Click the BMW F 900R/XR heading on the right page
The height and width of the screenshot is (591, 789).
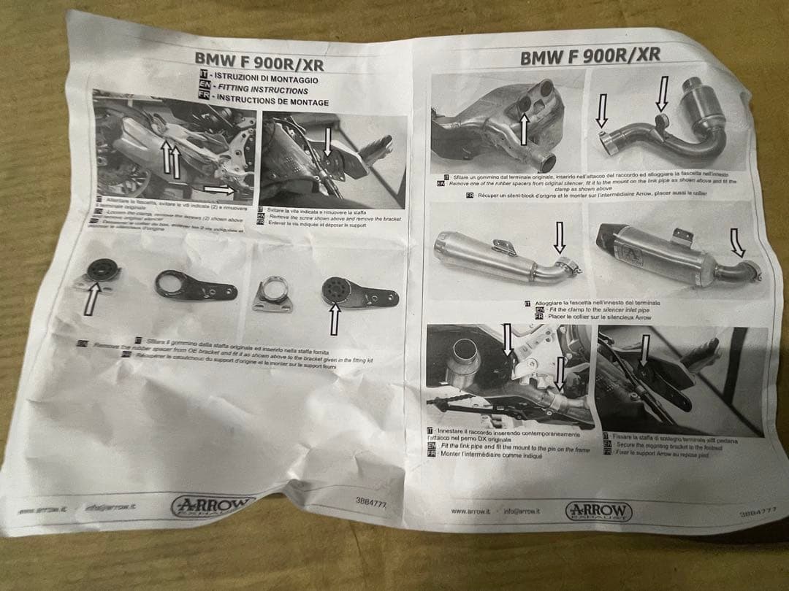pyautogui.click(x=590, y=55)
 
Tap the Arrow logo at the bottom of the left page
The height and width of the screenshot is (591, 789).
pyautogui.click(x=213, y=505)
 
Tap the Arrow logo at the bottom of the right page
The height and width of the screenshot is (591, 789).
pyautogui.click(x=598, y=511)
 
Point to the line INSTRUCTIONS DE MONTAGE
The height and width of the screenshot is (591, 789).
pyautogui.click(x=271, y=101)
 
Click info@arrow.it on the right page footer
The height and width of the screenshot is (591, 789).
pyautogui.click(x=522, y=511)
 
